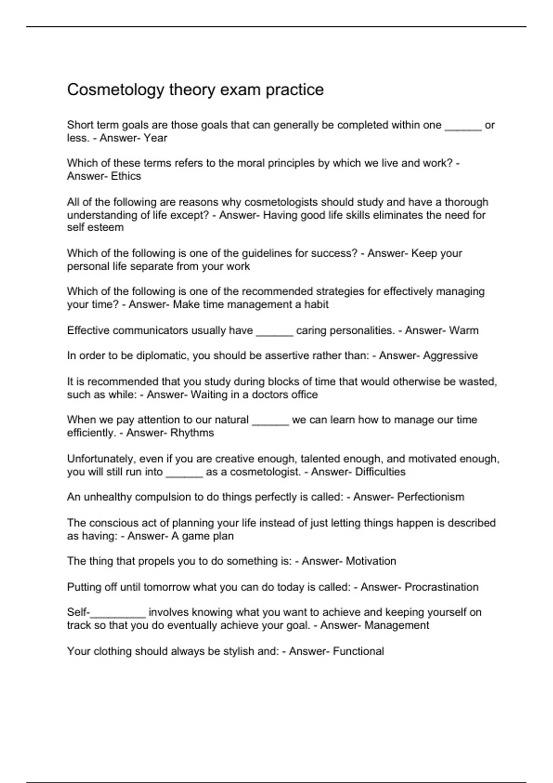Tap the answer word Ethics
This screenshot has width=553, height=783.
[x=126, y=176]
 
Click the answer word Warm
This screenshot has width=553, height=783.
[x=464, y=331]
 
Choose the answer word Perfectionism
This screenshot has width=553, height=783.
[x=430, y=497]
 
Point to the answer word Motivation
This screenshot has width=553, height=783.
[x=371, y=561]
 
